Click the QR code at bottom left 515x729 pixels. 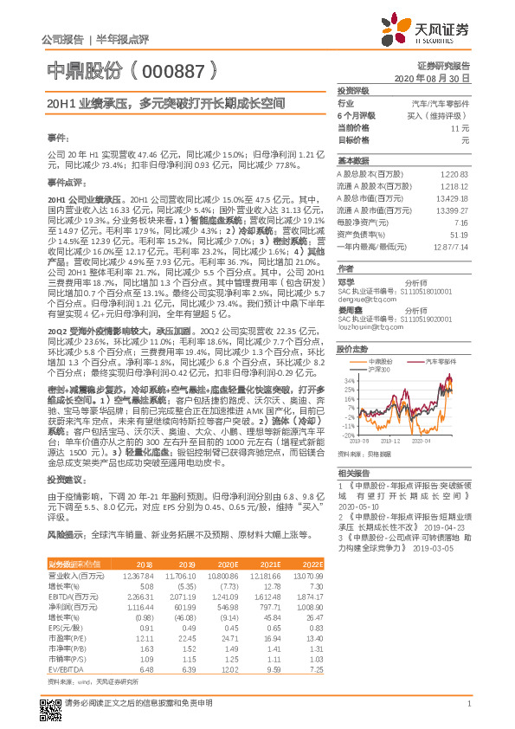pyautogui.click(x=51, y=702)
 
